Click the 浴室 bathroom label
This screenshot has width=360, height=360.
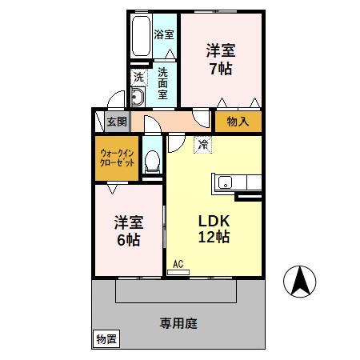click(163, 34)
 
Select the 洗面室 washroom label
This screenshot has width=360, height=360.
click(162, 82)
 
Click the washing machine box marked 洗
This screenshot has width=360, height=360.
click(138, 78)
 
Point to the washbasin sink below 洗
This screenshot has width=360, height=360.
click(137, 98)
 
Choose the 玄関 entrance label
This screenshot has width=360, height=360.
click(117, 122)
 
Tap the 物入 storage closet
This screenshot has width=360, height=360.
click(238, 122)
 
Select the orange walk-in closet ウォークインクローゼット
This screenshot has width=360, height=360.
click(116, 157)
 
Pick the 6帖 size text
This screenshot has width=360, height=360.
click(127, 239)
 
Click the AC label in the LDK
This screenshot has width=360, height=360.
click(178, 263)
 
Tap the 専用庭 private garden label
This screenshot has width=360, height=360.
click(178, 323)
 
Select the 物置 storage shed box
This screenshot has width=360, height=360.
click(106, 339)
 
